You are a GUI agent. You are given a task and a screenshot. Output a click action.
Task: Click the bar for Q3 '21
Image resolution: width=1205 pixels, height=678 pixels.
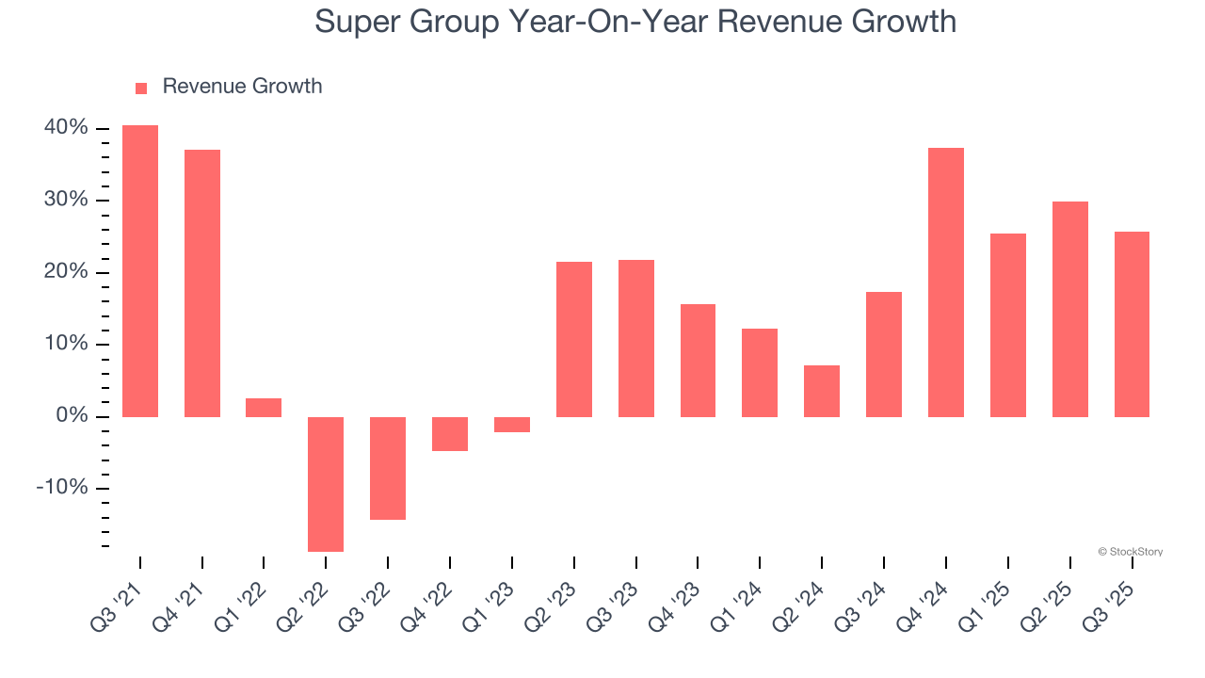click(x=140, y=271)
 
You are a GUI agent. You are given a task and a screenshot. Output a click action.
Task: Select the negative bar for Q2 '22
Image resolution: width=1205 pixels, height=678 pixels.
click(x=326, y=484)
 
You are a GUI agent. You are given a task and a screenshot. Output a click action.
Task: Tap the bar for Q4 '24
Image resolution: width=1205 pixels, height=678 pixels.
click(x=945, y=282)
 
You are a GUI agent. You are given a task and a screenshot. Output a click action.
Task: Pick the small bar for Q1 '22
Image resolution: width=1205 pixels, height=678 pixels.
click(x=264, y=408)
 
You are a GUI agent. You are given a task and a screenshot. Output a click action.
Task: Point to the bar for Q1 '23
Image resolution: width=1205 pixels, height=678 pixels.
click(x=511, y=425)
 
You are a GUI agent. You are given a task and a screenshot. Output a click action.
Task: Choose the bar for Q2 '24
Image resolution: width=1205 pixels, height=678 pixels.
click(x=821, y=391)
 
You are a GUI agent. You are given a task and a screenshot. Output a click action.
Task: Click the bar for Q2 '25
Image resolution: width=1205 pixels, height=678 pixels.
click(x=1069, y=309)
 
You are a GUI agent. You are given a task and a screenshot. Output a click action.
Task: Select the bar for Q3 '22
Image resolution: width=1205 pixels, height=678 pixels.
click(x=388, y=468)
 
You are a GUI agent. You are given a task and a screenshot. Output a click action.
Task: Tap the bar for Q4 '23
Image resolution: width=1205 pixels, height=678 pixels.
click(x=698, y=361)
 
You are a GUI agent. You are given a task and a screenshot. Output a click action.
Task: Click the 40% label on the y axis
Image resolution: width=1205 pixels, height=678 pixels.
click(x=66, y=128)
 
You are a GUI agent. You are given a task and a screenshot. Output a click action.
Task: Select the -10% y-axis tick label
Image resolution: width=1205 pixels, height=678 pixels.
click(x=62, y=488)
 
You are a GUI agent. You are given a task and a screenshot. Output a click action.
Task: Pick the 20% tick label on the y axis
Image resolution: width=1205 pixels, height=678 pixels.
click(x=66, y=272)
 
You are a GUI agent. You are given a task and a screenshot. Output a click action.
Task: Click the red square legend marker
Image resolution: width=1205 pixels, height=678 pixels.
click(x=141, y=88)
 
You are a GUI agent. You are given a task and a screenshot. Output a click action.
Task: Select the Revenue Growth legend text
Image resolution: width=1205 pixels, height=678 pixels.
click(x=242, y=87)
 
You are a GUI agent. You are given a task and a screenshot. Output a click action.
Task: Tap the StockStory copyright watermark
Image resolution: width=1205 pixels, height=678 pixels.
click(x=1130, y=552)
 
